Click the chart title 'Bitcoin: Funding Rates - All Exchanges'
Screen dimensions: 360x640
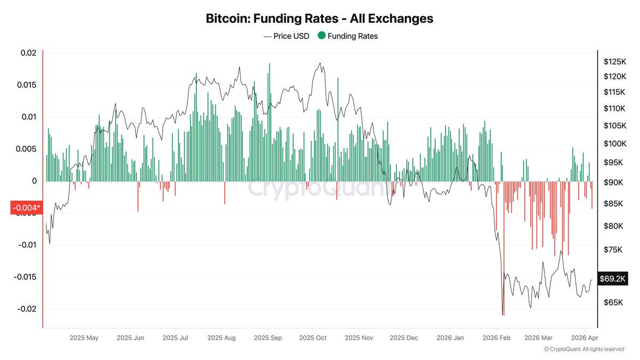tap(319, 19)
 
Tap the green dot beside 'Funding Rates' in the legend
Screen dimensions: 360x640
tap(321, 36)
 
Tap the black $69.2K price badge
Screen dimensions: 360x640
tap(613, 278)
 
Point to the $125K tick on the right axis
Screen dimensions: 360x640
tap(613, 62)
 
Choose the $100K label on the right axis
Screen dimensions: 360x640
tap(613, 143)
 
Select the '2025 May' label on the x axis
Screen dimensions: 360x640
tap(84, 338)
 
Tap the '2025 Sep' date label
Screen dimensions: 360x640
tap(268, 338)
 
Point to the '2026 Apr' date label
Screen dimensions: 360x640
tap(585, 338)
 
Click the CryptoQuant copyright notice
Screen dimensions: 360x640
tap(584, 349)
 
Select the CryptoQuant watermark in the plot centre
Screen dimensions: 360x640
tap(315, 189)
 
